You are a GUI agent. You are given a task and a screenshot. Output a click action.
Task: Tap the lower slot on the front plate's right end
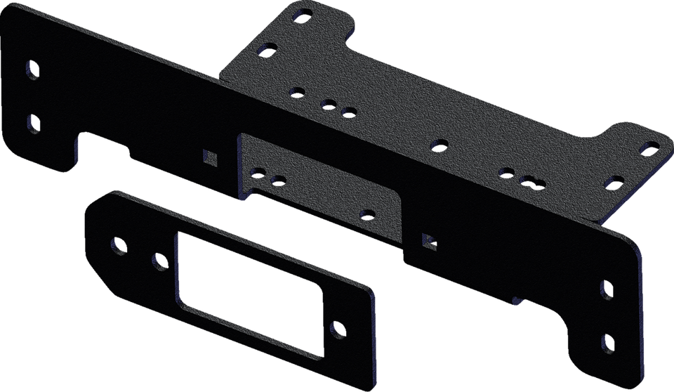(608, 343)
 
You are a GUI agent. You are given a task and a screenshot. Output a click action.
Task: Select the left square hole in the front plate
(209, 155)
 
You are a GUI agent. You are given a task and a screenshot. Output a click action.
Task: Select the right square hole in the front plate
(428, 240)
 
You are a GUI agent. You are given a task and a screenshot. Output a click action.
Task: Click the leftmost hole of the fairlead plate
(117, 245)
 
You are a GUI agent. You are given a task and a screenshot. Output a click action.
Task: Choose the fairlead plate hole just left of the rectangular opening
(159, 262)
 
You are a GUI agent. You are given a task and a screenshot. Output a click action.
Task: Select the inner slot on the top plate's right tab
(613, 183)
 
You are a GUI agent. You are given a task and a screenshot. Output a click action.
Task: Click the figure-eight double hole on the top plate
(532, 182)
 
